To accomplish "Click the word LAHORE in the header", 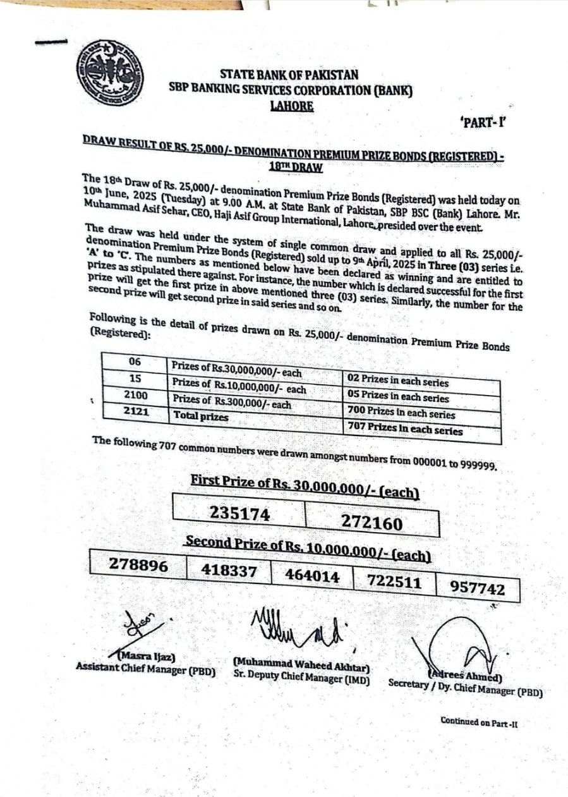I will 291,106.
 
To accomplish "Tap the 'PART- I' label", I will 483,123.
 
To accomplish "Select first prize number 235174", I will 240,514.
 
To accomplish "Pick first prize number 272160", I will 372,522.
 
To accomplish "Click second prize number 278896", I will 139,566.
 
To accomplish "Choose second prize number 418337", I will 229,571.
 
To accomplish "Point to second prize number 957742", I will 478,588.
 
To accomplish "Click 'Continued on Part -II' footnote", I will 479,721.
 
